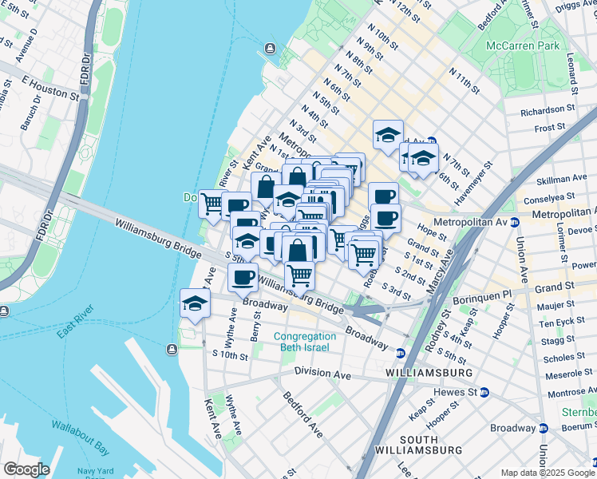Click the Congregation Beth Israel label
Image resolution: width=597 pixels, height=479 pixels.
tap(305, 342)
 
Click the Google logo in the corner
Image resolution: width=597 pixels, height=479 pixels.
tap(26, 469)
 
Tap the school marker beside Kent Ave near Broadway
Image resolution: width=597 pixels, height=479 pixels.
tap(193, 303)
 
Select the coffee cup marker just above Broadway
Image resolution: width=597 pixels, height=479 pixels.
tap(243, 278)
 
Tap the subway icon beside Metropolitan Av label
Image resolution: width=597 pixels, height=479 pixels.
tap(515, 222)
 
